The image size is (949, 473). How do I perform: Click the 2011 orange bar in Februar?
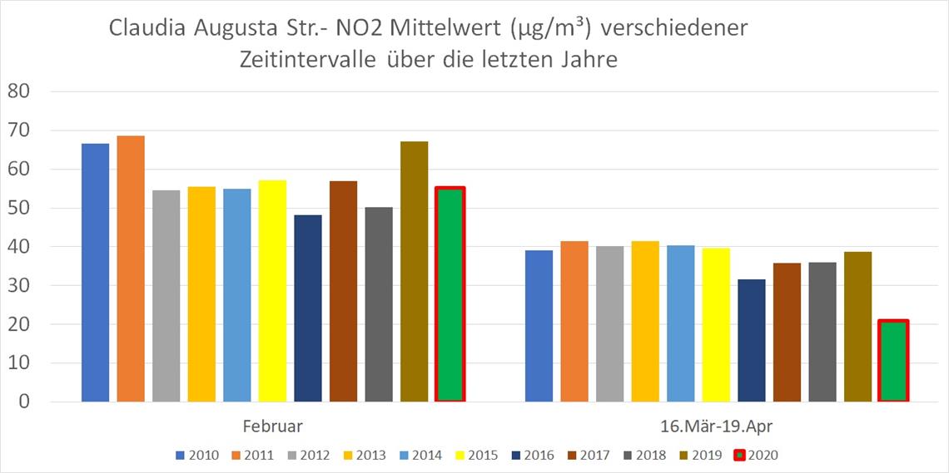pos(131,269)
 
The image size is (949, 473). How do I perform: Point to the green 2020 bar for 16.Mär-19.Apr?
pos(893,361)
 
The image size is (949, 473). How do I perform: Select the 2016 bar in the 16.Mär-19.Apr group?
pos(752,341)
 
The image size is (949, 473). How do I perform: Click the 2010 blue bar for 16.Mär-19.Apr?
pos(539,326)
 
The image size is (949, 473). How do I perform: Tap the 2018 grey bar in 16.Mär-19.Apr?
pos(822,332)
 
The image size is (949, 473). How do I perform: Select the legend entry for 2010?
pos(197,455)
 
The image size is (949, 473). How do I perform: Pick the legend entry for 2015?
pos(476,455)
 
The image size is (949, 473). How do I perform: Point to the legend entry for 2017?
pos(588,455)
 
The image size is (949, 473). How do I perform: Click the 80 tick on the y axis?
pos(17,91)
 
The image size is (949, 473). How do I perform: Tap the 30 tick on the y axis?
pos(17,286)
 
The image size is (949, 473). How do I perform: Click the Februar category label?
pos(272,426)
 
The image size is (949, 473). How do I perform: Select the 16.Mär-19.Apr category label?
pos(715,426)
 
